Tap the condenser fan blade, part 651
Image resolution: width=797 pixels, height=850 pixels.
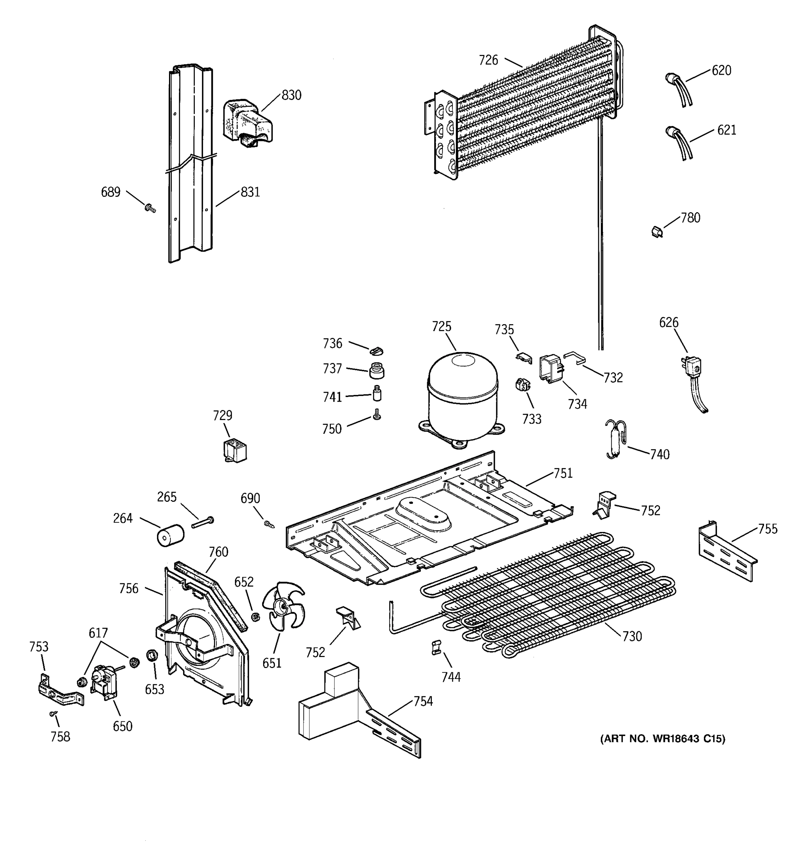pyautogui.click(x=283, y=606)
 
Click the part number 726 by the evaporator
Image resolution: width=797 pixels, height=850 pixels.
pyautogui.click(x=488, y=61)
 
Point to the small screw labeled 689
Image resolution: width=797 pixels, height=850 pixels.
pyautogui.click(x=150, y=208)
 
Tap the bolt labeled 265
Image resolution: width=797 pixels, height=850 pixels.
pyautogui.click(x=203, y=522)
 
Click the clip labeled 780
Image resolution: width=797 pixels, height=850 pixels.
pyautogui.click(x=657, y=232)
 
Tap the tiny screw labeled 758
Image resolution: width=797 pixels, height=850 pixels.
pyautogui.click(x=53, y=713)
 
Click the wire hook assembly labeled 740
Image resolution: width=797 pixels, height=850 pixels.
pyautogui.click(x=615, y=439)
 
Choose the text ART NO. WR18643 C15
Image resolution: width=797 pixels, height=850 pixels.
pyautogui.click(x=662, y=739)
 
